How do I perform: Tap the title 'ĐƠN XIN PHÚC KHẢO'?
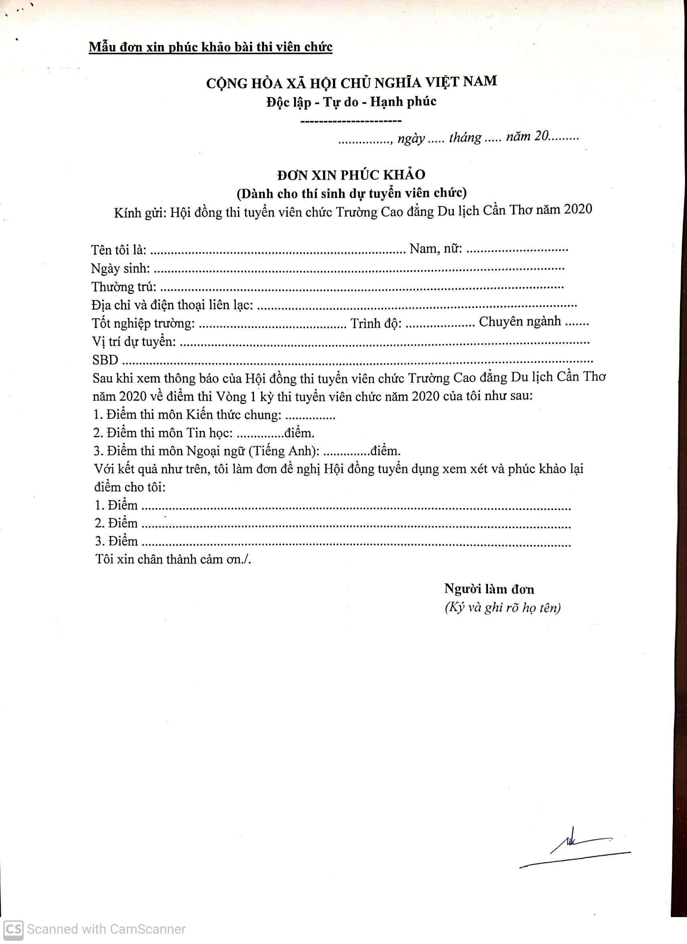(x=352, y=175)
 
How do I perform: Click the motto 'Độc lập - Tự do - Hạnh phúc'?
(x=352, y=102)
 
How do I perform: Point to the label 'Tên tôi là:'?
(x=118, y=250)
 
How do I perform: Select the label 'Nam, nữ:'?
(x=436, y=249)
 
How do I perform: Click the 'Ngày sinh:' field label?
(x=121, y=269)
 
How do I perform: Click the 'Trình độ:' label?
(x=376, y=323)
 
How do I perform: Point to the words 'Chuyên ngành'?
(x=520, y=322)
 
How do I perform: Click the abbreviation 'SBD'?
(x=106, y=360)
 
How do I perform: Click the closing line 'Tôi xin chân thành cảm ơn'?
(x=173, y=559)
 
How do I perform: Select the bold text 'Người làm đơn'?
(x=489, y=589)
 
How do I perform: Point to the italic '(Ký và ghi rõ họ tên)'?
(x=502, y=608)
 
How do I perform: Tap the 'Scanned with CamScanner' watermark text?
(x=106, y=929)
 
